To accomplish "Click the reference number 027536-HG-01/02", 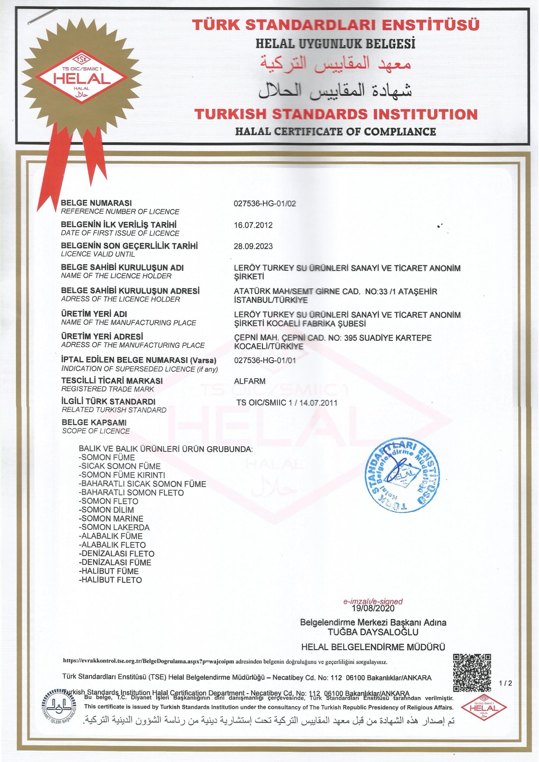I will coord(265,204).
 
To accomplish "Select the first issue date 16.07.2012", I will coord(253,225).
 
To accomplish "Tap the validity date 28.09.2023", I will coord(253,246).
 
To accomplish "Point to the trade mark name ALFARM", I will coord(250,381).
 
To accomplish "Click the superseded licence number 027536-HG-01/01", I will coord(265,360).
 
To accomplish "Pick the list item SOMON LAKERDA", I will coord(114,527).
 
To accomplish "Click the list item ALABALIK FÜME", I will coord(111,536).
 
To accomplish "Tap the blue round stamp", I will coord(402,475).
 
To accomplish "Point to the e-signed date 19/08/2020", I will coord(373,608).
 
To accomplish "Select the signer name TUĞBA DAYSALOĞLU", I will coord(373,632).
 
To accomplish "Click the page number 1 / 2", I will coord(505,683).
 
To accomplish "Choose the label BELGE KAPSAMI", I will coord(94,423).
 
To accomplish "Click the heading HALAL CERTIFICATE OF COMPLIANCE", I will coord(335,132).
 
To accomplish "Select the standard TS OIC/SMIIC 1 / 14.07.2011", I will coord(287,403).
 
